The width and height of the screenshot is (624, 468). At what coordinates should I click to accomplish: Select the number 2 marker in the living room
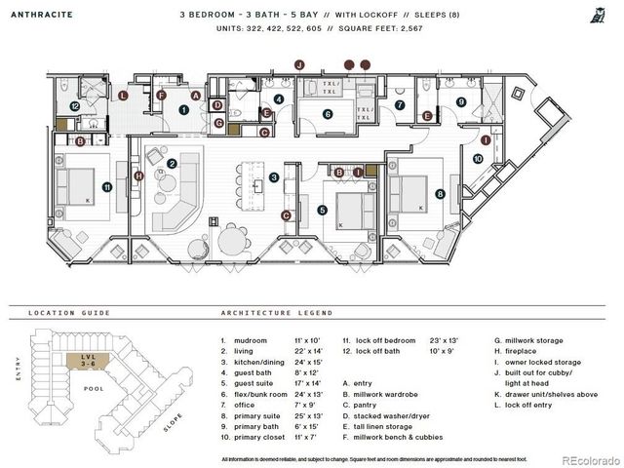(172, 164)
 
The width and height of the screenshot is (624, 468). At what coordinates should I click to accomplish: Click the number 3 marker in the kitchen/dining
(275, 176)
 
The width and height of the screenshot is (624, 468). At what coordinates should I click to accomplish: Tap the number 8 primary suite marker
(441, 194)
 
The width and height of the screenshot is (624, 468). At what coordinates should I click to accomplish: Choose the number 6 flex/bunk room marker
(328, 114)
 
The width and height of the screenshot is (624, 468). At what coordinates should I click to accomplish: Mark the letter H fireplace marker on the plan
(139, 175)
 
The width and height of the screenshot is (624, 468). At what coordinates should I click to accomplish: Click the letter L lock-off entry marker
(122, 96)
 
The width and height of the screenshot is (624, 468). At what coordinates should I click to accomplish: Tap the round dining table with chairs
(231, 239)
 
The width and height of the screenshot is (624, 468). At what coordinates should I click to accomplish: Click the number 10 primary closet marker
(477, 157)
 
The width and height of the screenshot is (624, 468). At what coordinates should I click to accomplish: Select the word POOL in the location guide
(95, 387)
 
